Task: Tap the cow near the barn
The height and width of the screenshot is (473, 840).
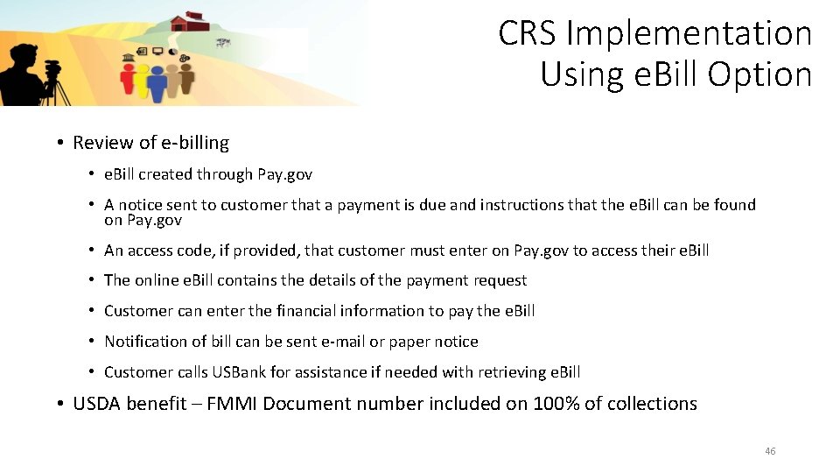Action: (223, 40)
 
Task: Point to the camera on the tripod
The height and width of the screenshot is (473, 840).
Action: (52, 68)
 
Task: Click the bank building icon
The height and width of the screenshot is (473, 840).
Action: (129, 56)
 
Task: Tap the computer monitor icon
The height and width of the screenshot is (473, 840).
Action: (157, 53)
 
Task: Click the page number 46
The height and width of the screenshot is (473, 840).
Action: (770, 451)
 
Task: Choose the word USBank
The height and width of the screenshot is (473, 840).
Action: (239, 372)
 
